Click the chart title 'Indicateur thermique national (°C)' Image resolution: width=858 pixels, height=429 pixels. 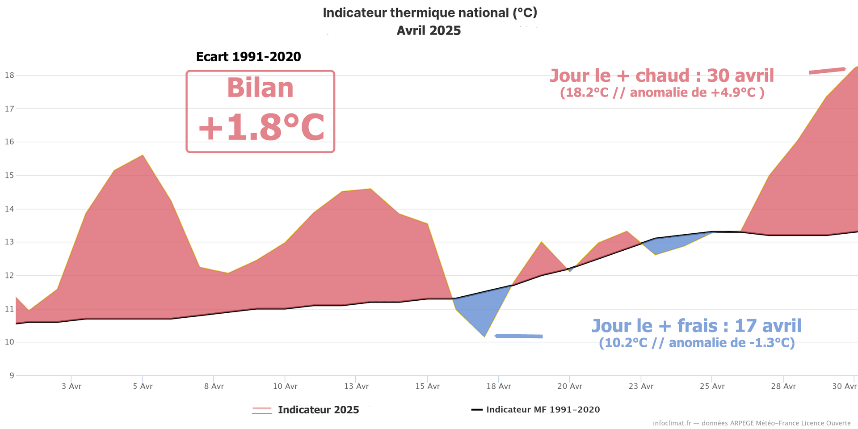[x=429, y=13]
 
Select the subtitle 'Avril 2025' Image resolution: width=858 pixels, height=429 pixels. [x=429, y=30]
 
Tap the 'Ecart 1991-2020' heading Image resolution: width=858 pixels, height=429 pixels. [x=248, y=57]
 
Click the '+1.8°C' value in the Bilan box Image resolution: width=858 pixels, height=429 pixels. [x=261, y=128]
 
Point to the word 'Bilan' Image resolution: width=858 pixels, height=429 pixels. [x=260, y=88]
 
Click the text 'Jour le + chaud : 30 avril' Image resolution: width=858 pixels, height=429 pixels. [x=661, y=76]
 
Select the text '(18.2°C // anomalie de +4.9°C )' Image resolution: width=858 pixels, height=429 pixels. [x=662, y=93]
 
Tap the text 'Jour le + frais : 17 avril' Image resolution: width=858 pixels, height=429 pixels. [x=696, y=326]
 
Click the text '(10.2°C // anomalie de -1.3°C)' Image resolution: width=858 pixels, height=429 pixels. [x=697, y=343]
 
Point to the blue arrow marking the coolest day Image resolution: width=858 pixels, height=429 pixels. [x=519, y=336]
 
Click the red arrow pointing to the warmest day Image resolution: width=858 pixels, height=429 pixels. [x=827, y=71]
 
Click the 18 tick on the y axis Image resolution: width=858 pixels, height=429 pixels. [x=9, y=75]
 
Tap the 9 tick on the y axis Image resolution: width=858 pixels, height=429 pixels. [x=12, y=375]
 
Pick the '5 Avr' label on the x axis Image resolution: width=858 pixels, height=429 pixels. [x=143, y=386]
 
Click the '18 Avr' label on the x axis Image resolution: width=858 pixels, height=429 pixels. [x=499, y=386]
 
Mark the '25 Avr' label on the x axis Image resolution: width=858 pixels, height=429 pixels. [x=712, y=386]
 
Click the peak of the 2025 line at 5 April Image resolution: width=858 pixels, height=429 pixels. [x=143, y=155]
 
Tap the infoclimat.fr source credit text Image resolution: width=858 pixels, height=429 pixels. [x=752, y=423]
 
